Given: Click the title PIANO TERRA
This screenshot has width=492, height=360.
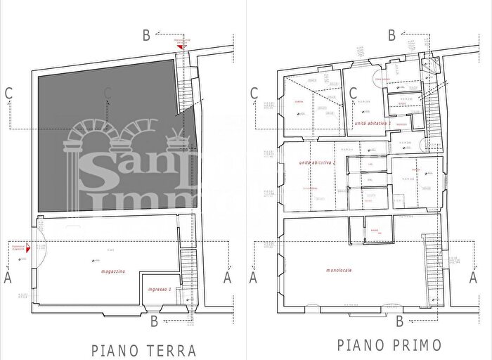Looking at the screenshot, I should pyautogui.click(x=143, y=350).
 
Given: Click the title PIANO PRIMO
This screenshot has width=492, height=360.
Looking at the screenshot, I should pyautogui.click(x=389, y=345).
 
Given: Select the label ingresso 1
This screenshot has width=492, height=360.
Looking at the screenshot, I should pyautogui.click(x=160, y=290).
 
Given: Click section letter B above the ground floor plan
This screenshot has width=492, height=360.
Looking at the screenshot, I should pyautogui.click(x=145, y=33).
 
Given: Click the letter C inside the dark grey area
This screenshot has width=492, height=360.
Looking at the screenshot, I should pyautogui.click(x=107, y=91).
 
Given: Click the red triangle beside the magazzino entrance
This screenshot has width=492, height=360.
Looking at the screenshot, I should pyautogui.click(x=28, y=248).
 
